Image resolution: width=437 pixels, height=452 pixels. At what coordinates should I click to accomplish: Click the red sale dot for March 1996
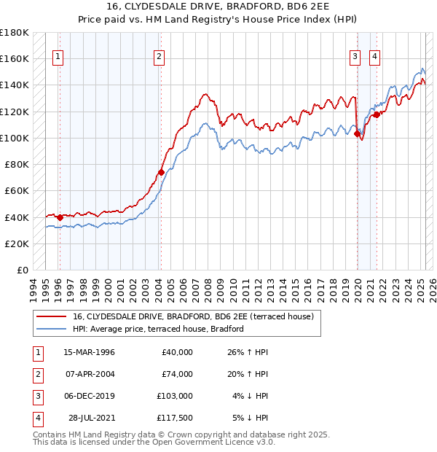coord(60,217)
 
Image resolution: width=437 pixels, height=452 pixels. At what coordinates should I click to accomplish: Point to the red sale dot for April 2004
coord(161,173)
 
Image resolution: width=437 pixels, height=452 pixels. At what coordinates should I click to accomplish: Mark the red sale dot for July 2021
coord(377,114)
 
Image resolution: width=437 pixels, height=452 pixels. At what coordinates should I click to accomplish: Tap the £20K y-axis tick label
coord(17,243)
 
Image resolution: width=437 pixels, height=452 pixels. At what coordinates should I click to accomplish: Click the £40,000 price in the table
coord(177,352)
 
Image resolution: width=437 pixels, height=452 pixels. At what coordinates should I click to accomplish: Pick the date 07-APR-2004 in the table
coord(90,374)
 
